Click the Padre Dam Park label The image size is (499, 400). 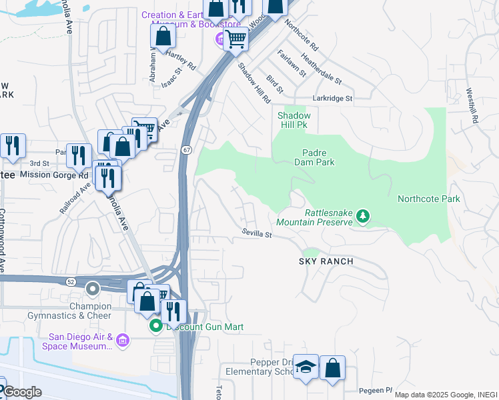click(x=314, y=157)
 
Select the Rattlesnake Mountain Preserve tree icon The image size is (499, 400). click(x=362, y=215)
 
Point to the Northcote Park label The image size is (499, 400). click(x=429, y=199)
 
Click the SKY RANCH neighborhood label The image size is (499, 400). click(x=326, y=261)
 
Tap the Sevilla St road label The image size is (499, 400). click(x=257, y=235)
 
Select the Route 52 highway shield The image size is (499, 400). click(x=71, y=281)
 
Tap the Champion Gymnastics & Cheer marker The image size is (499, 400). click(x=93, y=289)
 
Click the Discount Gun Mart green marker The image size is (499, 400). click(x=155, y=326)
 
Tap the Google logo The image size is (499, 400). click(x=21, y=392)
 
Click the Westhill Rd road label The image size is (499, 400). click(x=473, y=106)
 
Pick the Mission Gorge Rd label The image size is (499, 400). click(x=53, y=175)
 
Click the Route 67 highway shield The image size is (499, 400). click(x=187, y=149)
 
